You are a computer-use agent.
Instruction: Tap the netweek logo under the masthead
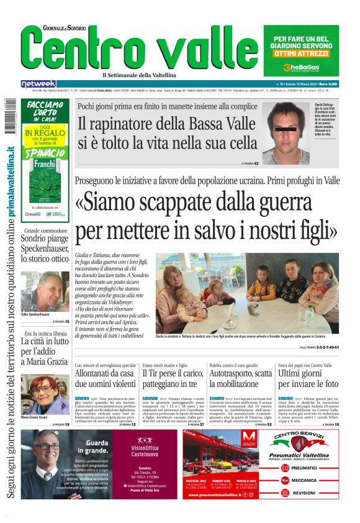pyautogui.click(x=38, y=84)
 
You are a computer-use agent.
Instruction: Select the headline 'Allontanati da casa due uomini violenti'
pyautogui.click(x=104, y=378)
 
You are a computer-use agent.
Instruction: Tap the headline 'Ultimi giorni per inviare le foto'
pyautogui.click(x=308, y=378)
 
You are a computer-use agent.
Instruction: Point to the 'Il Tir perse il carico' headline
pyautogui.click(x=173, y=373)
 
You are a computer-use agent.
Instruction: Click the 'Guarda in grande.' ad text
pyautogui.click(x=96, y=447)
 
